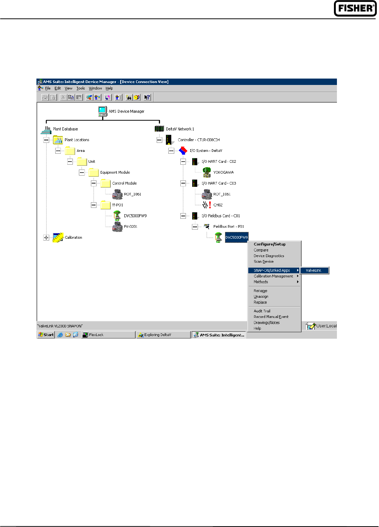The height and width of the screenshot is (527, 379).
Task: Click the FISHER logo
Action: click(355, 8)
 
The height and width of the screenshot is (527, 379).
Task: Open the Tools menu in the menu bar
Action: click(80, 88)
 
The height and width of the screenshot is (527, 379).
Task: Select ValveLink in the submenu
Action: click(314, 270)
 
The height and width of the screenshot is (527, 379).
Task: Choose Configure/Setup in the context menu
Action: click(270, 244)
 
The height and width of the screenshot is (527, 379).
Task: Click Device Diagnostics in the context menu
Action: click(269, 256)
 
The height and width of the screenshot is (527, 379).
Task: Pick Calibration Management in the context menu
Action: click(273, 276)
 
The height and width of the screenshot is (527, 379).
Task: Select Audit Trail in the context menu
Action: click(262, 311)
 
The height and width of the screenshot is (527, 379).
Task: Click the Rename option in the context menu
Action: click(260, 291)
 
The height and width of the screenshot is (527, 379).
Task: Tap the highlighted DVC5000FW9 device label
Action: click(237, 238)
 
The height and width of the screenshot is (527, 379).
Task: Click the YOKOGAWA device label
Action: click(223, 173)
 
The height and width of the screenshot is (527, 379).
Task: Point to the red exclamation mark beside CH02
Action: click(210, 205)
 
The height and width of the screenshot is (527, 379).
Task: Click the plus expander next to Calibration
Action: click(46, 238)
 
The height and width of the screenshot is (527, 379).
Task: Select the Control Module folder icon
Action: click(106, 183)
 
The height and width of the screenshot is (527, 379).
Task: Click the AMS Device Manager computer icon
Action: click(103, 111)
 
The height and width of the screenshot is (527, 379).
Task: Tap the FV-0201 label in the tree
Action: click(131, 227)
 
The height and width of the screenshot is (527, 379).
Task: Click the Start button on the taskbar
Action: click(46, 335)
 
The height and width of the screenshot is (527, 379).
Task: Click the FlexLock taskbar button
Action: click(108, 335)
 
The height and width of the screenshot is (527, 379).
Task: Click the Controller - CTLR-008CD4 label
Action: click(199, 140)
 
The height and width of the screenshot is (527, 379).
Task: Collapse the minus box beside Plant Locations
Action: click(46, 140)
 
